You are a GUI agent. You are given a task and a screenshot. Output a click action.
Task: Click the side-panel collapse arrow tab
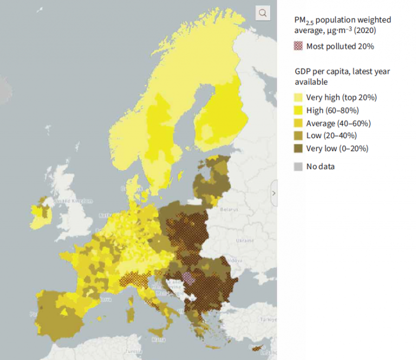point(274,192)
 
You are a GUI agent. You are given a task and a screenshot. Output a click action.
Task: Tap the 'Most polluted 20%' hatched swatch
point(298,46)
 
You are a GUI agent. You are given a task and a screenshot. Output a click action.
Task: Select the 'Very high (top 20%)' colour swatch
point(298,98)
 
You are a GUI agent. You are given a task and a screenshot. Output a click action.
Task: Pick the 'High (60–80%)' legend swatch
point(298,111)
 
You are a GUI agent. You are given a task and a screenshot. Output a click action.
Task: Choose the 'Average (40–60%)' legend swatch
point(298,123)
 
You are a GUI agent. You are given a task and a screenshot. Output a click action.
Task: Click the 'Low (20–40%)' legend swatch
point(298,136)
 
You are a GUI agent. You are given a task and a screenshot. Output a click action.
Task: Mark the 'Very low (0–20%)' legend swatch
point(298,148)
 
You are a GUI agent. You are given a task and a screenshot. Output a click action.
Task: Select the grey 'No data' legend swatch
point(298,166)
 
